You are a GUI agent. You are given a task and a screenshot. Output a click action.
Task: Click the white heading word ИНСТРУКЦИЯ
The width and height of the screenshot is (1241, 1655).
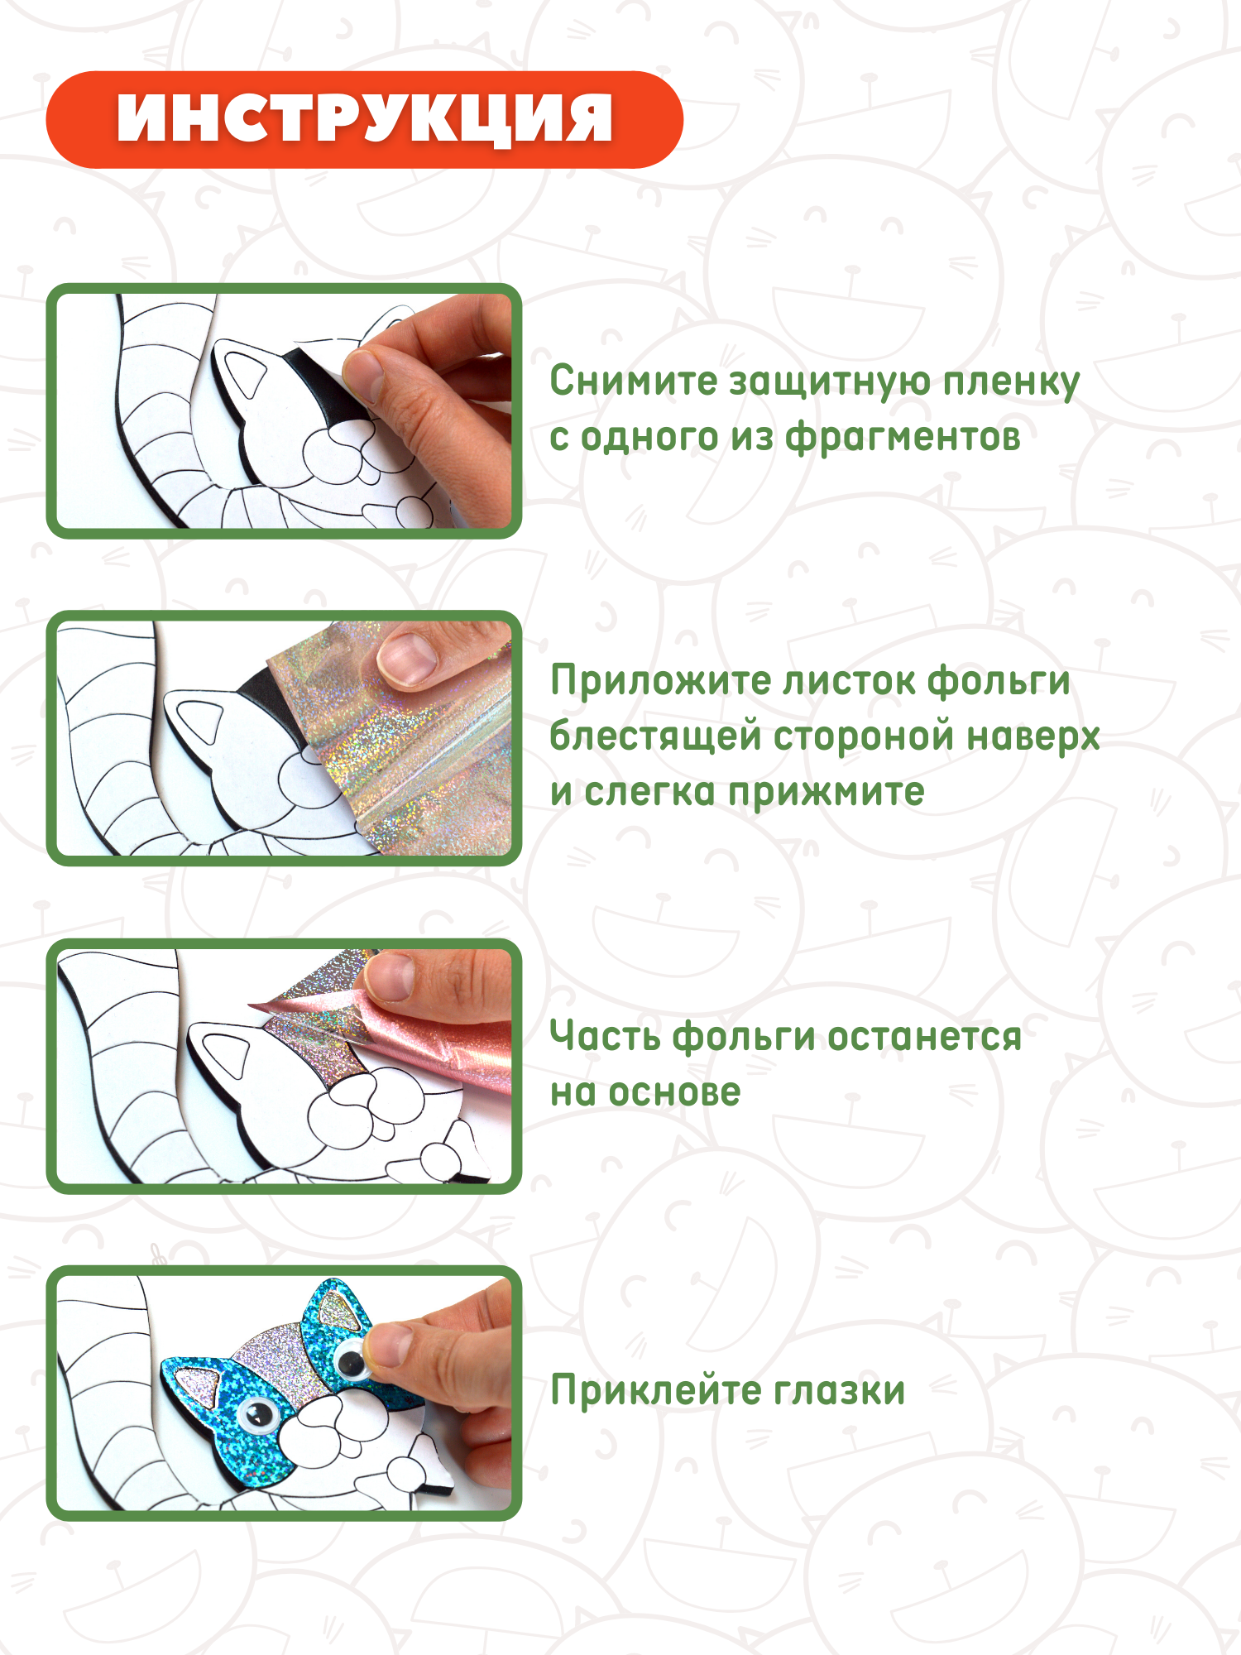tap(365, 118)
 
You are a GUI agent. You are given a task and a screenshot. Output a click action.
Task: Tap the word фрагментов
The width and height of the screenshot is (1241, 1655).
tap(903, 439)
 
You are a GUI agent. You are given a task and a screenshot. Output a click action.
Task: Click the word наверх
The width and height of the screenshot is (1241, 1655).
tap(1033, 737)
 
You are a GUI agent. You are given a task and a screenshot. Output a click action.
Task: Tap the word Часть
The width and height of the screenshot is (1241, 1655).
tap(604, 1037)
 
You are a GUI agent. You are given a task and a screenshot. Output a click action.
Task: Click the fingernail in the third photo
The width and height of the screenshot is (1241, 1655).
tap(391, 976)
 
